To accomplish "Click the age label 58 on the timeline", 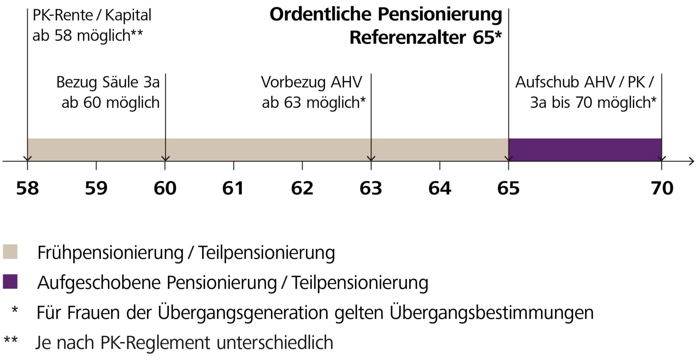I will (x=27, y=188).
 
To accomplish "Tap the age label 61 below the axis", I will (x=233, y=188).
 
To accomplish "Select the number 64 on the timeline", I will (x=440, y=188).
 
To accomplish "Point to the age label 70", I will (x=662, y=188).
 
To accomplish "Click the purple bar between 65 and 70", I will (x=585, y=149).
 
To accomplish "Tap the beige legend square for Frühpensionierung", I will (x=10, y=252).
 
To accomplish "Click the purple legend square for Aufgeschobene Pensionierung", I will (x=10, y=282).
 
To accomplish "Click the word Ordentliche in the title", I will (x=320, y=15).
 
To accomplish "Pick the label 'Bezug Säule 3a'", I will (x=108, y=82).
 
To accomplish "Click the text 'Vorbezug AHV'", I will (x=311, y=82).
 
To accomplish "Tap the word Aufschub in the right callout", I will (x=547, y=82).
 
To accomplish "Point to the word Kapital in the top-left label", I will (x=128, y=15).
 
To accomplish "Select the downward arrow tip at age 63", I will (x=371, y=159).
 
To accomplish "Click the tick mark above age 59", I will (x=96, y=165).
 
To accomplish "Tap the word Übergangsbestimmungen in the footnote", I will (x=491, y=313).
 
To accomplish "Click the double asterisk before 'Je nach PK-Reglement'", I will (x=11, y=341).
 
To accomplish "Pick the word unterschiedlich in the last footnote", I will (x=275, y=343).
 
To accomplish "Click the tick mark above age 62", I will (x=302, y=165).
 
